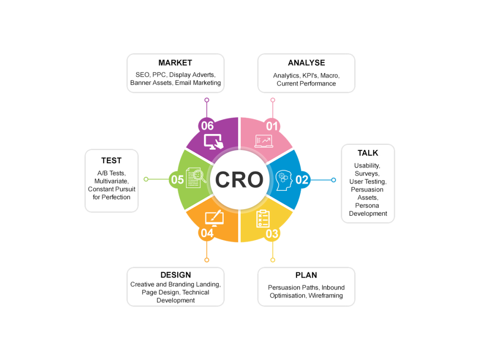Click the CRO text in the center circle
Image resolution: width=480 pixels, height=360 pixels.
click(x=239, y=180)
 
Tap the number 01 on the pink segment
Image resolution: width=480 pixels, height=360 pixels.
click(x=272, y=126)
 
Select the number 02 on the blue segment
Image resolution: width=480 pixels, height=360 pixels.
click(x=302, y=180)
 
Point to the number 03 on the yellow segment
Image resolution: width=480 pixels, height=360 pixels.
click(x=272, y=233)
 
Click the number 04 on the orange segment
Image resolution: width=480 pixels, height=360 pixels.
click(x=207, y=233)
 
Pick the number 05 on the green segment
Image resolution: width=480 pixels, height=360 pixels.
click(x=177, y=180)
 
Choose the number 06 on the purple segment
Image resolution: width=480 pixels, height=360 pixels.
click(x=207, y=126)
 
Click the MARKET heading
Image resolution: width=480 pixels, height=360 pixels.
click(x=175, y=63)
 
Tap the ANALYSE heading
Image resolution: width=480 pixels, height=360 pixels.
click(x=306, y=63)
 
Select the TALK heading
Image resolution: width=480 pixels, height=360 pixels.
click(x=367, y=153)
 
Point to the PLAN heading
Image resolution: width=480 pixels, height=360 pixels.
click(x=306, y=275)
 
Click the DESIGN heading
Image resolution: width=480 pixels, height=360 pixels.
click(x=175, y=275)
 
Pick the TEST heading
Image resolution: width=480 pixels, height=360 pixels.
click(x=111, y=160)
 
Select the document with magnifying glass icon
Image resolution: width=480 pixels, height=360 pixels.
click(x=195, y=178)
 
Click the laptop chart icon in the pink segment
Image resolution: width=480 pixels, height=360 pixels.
click(x=263, y=141)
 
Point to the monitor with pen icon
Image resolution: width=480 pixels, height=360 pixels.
click(x=214, y=218)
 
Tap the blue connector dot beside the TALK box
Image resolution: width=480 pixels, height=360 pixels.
click(x=333, y=180)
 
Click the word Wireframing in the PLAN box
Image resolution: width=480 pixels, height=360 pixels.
click(x=325, y=296)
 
